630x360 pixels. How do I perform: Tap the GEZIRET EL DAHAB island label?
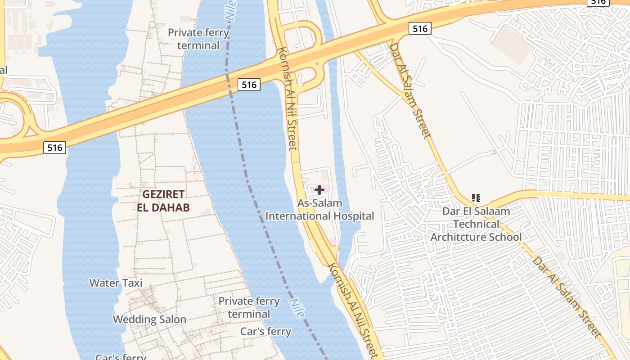point(163,201)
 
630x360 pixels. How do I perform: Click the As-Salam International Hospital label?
point(319,210)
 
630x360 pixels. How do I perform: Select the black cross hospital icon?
point(319,190)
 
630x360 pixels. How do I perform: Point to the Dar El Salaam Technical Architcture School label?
point(476,224)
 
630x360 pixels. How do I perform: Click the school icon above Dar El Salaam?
point(476,198)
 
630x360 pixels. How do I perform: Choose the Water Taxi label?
point(116,283)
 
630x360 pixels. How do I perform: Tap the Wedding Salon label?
point(149,319)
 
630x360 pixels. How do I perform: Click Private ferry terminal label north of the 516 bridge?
point(198,39)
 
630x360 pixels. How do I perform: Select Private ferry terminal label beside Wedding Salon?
point(249,307)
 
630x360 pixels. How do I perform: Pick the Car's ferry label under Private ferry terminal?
point(265,332)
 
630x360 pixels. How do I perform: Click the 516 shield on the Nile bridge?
point(249,85)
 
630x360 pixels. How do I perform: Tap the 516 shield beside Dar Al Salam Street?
point(420,29)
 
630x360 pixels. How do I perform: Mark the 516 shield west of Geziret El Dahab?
point(54,147)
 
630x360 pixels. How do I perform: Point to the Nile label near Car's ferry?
point(296,308)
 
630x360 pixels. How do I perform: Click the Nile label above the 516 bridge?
point(230,10)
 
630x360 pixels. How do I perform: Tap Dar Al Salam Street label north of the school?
point(410,90)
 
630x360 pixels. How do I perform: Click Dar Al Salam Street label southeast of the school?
point(567,297)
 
